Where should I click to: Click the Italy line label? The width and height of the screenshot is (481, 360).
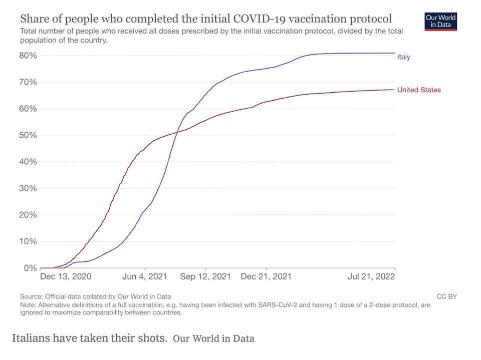coord(403,57)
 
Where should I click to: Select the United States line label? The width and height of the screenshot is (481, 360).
coord(419,90)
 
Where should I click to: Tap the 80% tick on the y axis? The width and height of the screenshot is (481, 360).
coord(28,56)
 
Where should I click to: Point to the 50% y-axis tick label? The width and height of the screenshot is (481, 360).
coord(28,135)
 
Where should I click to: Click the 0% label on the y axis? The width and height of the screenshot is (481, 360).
coord(30,268)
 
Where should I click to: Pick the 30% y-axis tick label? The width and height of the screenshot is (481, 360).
coord(28,188)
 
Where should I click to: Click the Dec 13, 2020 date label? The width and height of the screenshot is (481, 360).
coord(66,276)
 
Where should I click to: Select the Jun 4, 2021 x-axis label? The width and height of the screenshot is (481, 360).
coord(144,276)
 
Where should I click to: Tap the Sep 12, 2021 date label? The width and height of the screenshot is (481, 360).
coord(205,276)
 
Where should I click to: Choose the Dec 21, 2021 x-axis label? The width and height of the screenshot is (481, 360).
coord(266,276)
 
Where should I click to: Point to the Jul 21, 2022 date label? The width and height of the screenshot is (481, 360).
coord(371,276)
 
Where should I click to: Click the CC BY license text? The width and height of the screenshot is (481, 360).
coord(446,296)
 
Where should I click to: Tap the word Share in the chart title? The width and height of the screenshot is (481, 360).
coord(34,20)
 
